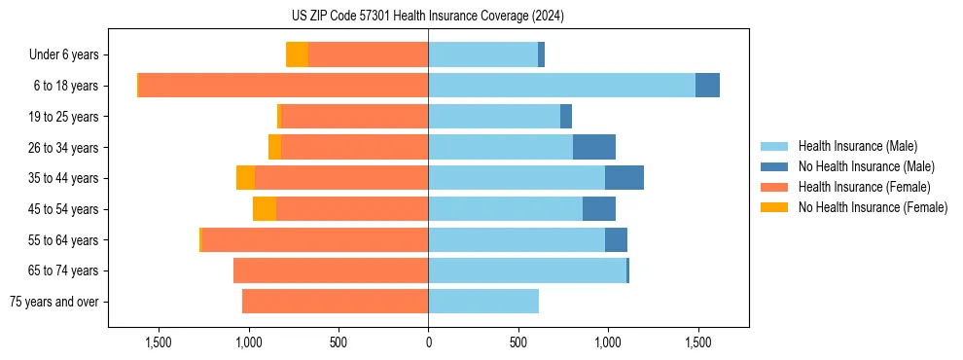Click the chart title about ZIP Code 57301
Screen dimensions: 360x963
pos(428,17)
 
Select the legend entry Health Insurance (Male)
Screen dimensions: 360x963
pos(857,146)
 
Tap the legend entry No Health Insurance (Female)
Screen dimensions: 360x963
pos(873,207)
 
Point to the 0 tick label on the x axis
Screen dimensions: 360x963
pos(428,342)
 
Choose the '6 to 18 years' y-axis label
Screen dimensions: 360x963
pos(65,86)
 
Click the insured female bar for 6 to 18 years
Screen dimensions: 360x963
pos(283,86)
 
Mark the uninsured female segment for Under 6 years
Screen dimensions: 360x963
pos(297,54)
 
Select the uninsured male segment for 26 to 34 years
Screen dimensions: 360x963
pos(594,147)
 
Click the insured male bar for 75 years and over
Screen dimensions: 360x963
pos(483,302)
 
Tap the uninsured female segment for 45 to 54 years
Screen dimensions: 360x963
pos(265,209)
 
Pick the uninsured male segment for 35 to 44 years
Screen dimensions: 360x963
pos(624,178)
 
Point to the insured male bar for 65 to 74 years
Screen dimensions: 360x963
pos(527,270)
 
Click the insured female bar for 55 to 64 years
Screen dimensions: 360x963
pos(315,239)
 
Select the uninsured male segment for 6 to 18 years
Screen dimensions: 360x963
pos(707,86)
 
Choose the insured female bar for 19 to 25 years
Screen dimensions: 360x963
pos(354,117)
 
